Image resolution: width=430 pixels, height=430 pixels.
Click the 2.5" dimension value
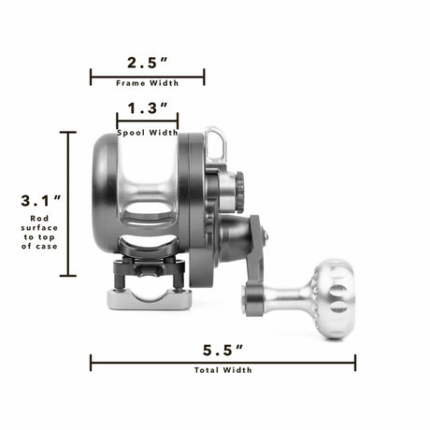click(147, 63)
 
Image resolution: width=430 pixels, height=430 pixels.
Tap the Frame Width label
click(147, 84)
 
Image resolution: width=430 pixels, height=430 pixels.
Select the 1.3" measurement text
click(147, 108)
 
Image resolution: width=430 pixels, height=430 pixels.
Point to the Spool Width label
click(147, 133)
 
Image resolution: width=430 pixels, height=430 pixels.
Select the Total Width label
click(222, 370)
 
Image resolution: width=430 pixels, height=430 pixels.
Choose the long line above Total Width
click(222, 362)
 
